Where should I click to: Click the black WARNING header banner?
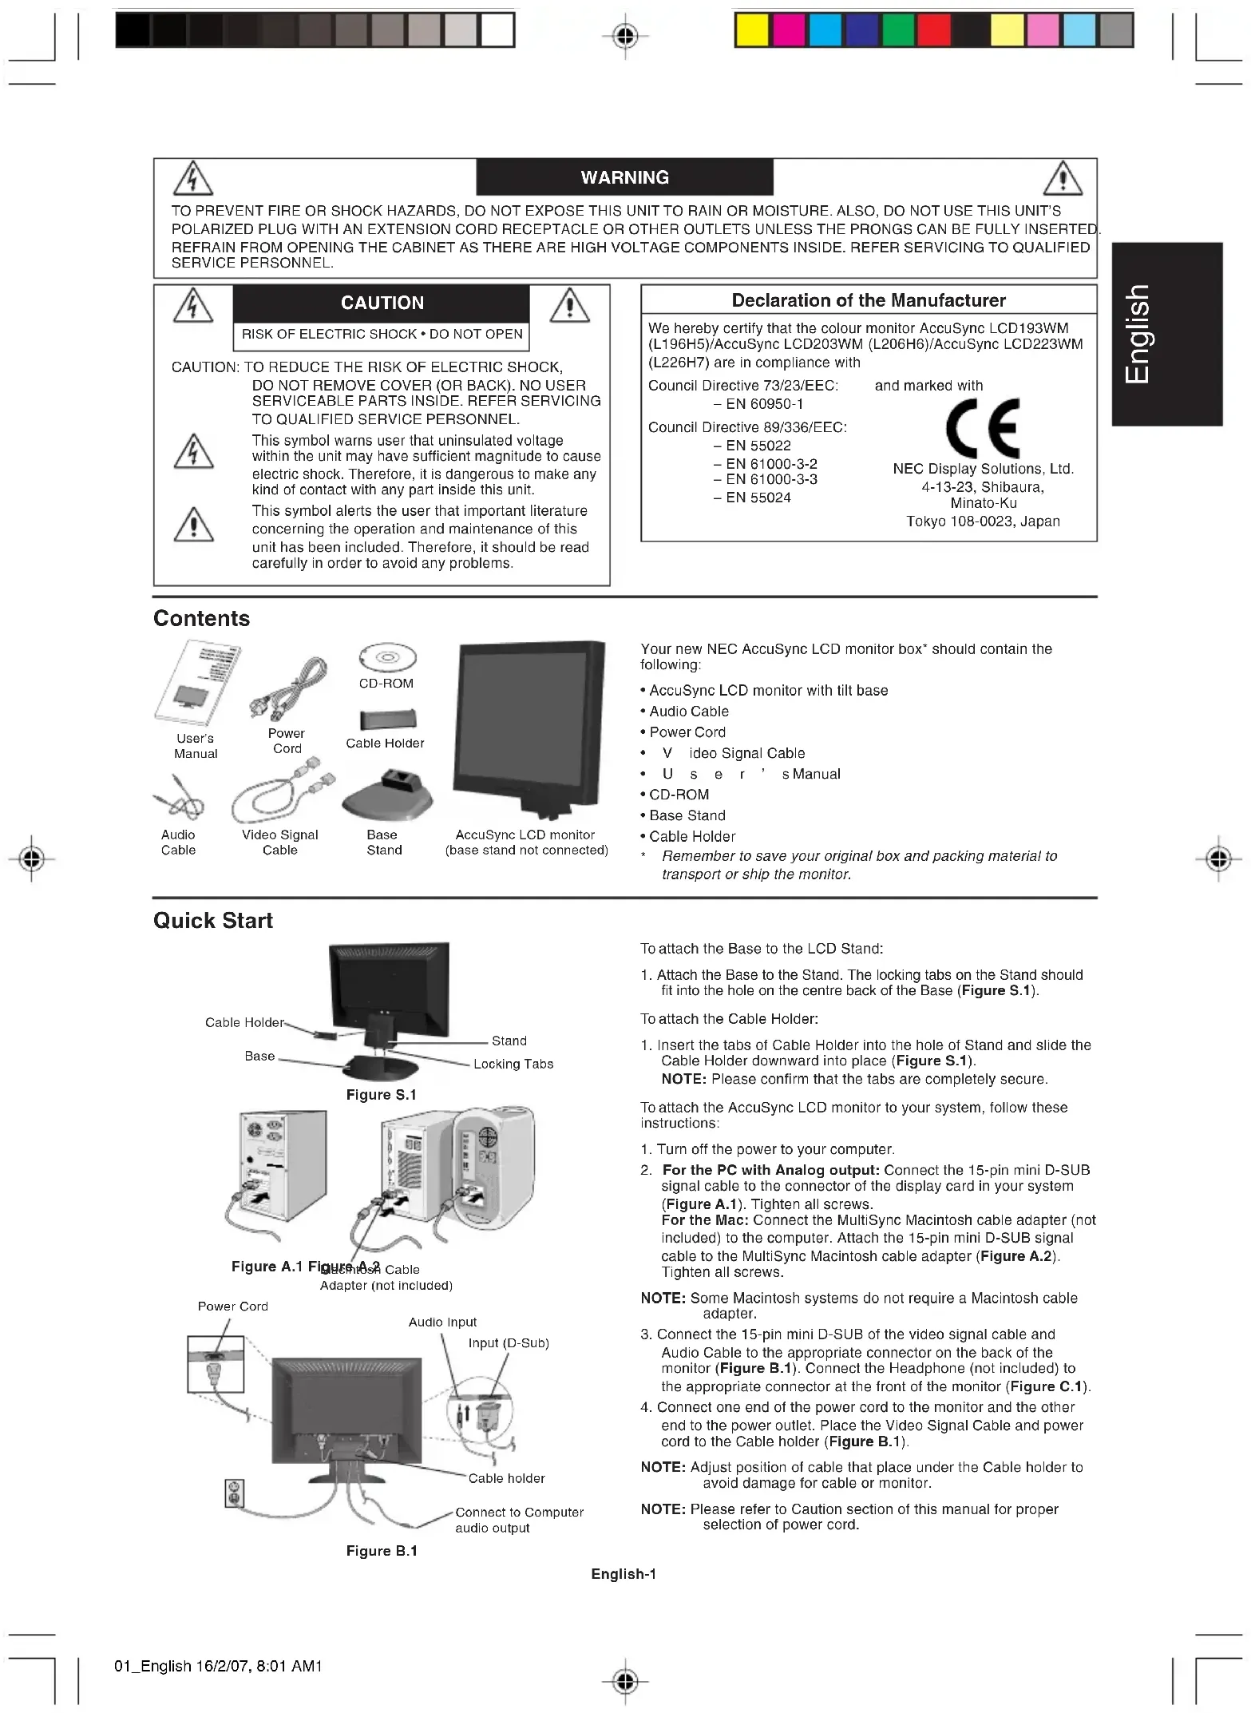point(624,177)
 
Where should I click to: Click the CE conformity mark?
point(982,428)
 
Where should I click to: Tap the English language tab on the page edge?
point(1166,334)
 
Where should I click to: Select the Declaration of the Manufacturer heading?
point(869,300)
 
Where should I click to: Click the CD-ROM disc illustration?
point(387,658)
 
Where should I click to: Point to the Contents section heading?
point(201,618)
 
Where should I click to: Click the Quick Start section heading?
point(212,921)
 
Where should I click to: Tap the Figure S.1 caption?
point(381,1095)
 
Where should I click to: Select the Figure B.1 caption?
point(382,1551)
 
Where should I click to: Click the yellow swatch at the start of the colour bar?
point(751,31)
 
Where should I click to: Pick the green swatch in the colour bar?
point(898,31)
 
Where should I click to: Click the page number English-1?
point(624,1574)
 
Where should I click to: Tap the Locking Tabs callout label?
point(513,1064)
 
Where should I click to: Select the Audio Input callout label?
point(442,1322)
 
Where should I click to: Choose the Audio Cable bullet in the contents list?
point(688,712)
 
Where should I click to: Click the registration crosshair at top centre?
point(626,35)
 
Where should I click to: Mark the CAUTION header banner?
point(382,303)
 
